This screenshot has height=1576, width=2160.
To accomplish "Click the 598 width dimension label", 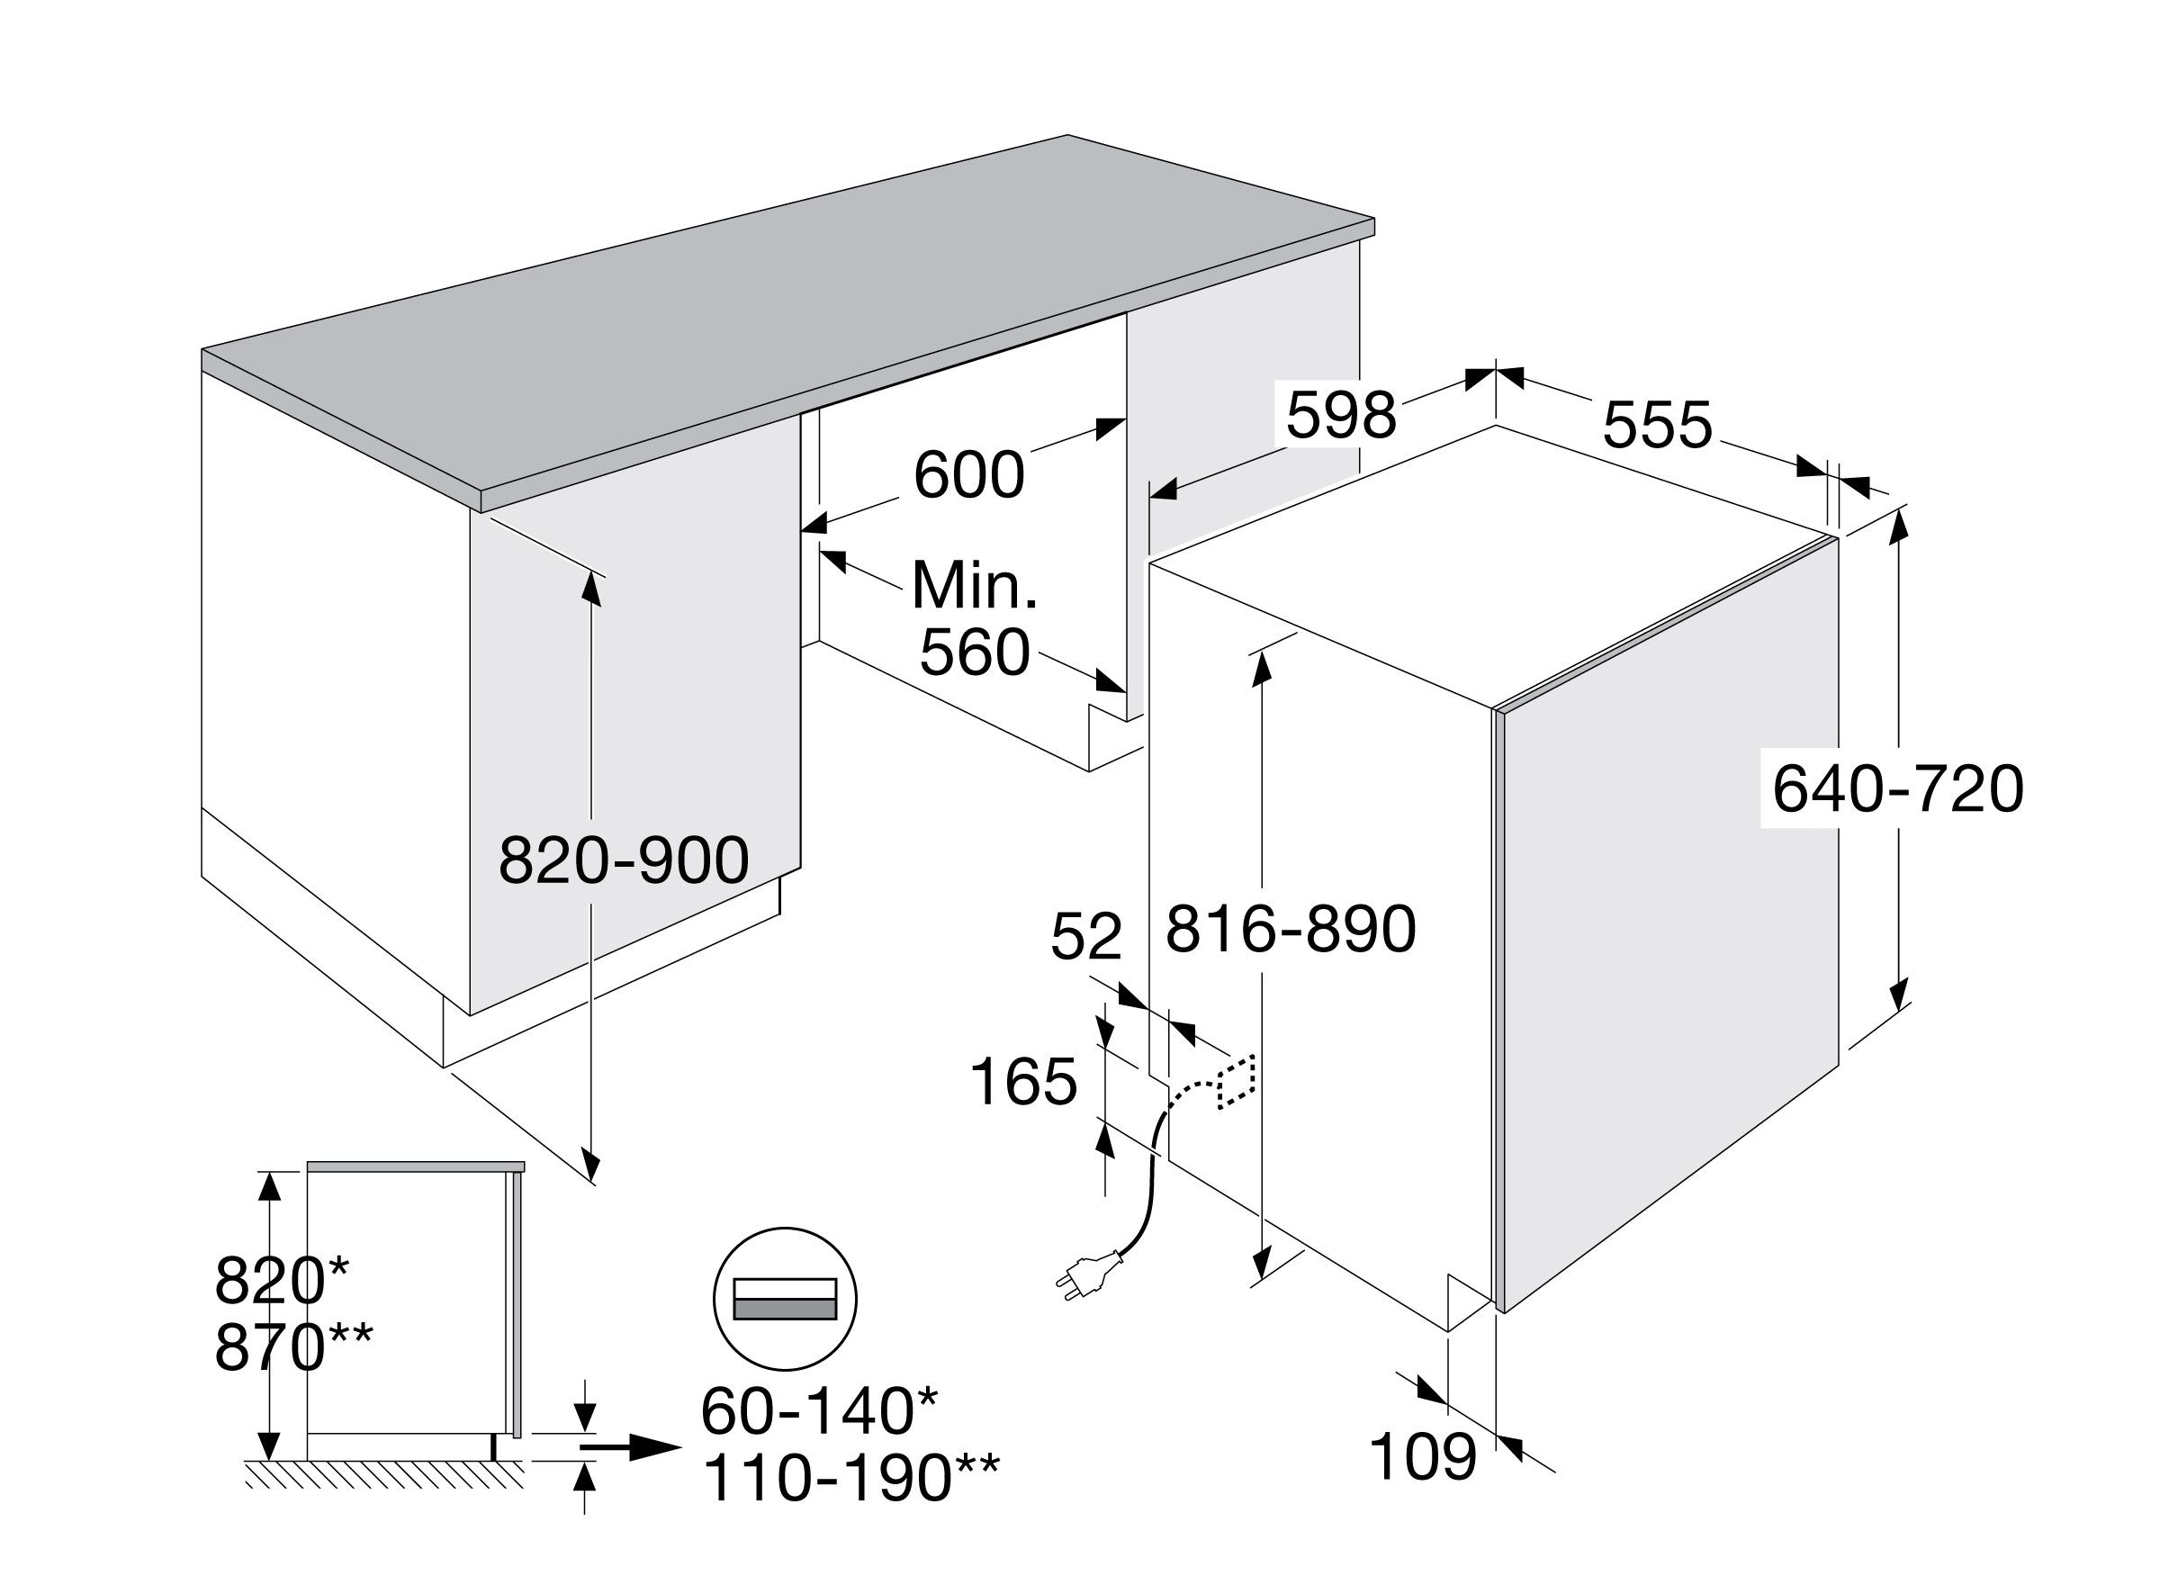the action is pos(1341,416).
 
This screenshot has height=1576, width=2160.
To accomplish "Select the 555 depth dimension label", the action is pos(1658,426).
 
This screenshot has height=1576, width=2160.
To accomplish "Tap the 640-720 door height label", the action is pos(1897,789).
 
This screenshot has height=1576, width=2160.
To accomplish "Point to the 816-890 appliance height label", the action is pos(1291,929).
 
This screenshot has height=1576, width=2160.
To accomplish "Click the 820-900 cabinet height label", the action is pos(624,860).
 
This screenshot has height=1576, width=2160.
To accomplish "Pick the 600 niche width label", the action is pos(969,475).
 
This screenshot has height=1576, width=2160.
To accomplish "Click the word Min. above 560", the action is pos(974,585).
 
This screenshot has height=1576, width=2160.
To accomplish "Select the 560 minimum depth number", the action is pos(975,653).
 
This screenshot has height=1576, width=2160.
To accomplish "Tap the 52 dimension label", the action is pos(1085,937).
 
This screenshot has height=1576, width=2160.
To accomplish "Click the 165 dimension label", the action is pos(1023,1083).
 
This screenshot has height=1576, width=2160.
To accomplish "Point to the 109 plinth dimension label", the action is pos(1424,1457).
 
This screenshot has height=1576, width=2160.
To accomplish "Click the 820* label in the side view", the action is pos(282,1280).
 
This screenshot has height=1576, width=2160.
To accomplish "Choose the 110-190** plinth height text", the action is pos(851,1478).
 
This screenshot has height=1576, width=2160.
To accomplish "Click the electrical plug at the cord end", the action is pos(1087,1275).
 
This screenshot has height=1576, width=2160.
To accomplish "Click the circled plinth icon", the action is pos(785,1299).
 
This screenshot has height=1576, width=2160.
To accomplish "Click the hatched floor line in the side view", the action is pos(384,1474).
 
